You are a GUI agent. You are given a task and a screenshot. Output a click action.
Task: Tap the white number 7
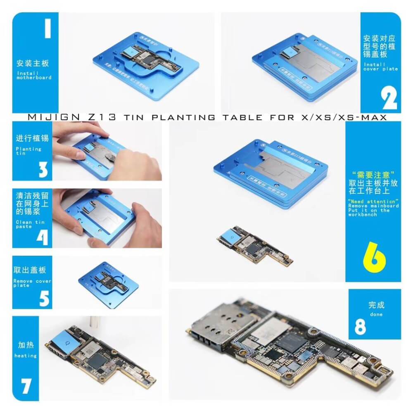click(x=26, y=386)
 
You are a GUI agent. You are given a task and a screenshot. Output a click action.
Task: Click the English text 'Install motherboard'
click(x=34, y=75)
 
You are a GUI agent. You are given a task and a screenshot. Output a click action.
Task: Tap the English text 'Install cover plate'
click(x=380, y=66)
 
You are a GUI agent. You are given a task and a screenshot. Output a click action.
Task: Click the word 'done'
click(x=376, y=315)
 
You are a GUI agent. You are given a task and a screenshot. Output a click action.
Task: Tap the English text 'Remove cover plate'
click(x=32, y=283)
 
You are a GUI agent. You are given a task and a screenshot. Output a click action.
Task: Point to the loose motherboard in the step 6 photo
click(x=254, y=245)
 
